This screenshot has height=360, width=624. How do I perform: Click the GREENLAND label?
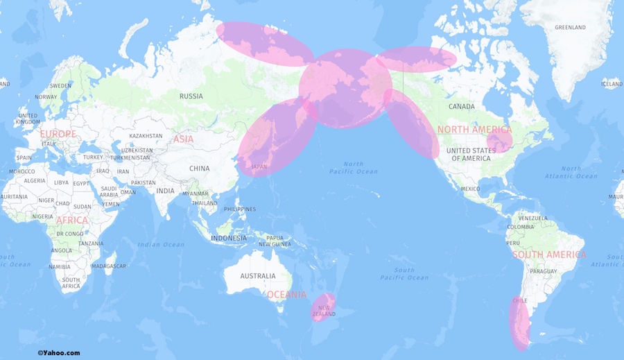[570, 27]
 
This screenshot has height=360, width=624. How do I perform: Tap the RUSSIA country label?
[191, 96]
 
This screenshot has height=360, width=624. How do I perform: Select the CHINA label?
[199, 168]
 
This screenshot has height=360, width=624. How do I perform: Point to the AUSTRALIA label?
[257, 275]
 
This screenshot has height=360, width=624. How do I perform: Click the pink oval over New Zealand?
[323, 307]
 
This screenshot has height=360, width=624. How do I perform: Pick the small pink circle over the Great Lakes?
[499, 142]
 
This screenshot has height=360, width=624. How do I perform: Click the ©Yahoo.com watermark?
[58, 352]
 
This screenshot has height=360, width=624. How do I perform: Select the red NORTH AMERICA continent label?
[474, 130]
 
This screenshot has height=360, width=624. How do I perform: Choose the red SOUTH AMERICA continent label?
[549, 255]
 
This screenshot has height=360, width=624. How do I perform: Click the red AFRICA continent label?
[72, 221]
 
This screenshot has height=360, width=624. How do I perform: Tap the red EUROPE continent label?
[58, 133]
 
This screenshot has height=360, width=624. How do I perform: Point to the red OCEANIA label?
[286, 295]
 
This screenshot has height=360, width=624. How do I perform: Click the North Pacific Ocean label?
[353, 168]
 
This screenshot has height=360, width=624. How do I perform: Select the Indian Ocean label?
[161, 244]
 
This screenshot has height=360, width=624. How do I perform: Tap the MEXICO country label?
[470, 189]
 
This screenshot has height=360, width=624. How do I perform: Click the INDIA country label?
[165, 191]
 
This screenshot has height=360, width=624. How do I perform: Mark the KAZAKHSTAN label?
[146, 136]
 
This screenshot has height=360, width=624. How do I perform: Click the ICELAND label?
[612, 84]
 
